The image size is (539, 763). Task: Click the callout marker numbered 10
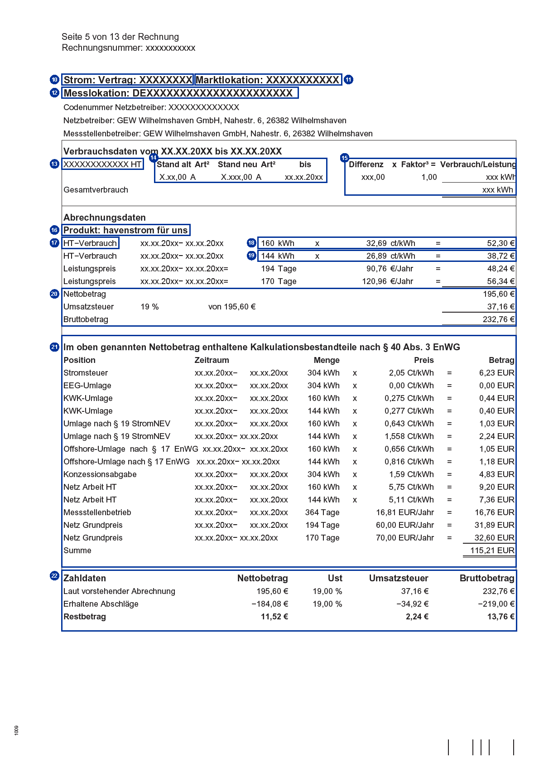click(x=54, y=80)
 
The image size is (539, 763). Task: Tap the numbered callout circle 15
click(x=345, y=158)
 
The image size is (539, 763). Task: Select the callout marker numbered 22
click(x=54, y=576)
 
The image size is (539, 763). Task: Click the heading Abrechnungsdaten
click(x=105, y=217)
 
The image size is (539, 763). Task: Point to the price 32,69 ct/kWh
click(x=390, y=243)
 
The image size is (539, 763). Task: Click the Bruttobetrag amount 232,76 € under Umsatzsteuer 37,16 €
click(x=498, y=319)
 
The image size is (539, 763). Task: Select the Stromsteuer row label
click(x=86, y=373)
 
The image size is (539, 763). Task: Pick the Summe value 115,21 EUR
click(x=492, y=551)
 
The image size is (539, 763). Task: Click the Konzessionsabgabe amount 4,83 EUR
click(x=496, y=474)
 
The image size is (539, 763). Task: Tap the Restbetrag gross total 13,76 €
click(x=500, y=617)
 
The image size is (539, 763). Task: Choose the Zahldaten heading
click(x=85, y=578)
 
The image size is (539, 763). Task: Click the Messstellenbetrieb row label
click(x=97, y=512)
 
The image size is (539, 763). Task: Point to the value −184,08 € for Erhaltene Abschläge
click(x=269, y=604)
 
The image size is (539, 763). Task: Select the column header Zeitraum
click(x=212, y=360)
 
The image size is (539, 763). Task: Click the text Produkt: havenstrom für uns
click(x=125, y=230)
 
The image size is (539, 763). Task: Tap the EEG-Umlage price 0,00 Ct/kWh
click(x=411, y=386)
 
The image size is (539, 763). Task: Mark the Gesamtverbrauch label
click(x=96, y=190)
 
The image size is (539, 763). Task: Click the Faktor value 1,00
click(x=429, y=177)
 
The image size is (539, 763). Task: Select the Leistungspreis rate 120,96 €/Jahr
click(x=387, y=281)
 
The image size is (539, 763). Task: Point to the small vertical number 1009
click(x=17, y=730)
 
